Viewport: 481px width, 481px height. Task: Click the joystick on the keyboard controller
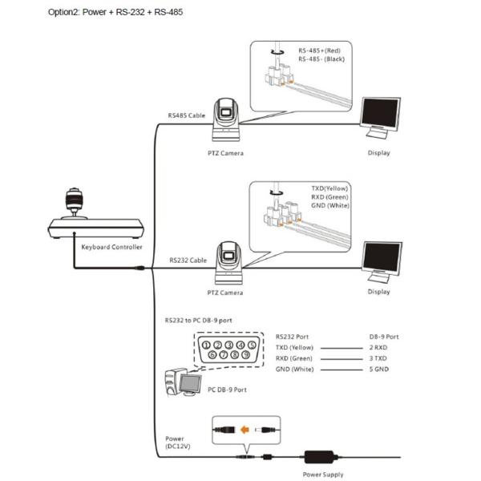coord(74,203)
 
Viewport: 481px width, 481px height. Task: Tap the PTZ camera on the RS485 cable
coord(226,120)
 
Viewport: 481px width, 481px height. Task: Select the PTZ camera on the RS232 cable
coord(228,263)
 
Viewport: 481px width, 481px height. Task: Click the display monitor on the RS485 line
coord(381,118)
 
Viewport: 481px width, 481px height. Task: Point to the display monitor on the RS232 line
coord(382,261)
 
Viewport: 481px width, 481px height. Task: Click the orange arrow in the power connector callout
coord(245,430)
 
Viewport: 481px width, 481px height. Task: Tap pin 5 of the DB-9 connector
coord(253,345)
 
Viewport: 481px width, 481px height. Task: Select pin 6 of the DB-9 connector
coord(212,354)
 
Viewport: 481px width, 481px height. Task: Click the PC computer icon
coord(183,382)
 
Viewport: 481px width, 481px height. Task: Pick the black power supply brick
coord(319,457)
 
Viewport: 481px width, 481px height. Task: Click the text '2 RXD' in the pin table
coord(378,348)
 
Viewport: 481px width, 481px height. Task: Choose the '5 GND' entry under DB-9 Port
coord(379,369)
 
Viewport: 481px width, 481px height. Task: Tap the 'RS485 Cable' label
coord(187,115)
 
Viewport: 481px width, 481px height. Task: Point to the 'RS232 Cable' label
coord(188,260)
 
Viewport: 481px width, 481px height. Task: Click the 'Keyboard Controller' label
coord(112,247)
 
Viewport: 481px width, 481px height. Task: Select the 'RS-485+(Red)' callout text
coord(319,51)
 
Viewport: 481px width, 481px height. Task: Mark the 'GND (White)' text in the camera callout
coord(330,205)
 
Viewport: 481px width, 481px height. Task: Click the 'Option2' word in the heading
coord(64,12)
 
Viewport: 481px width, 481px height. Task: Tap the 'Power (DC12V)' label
coord(178,443)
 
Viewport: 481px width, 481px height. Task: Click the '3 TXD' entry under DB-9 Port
coord(378,358)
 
